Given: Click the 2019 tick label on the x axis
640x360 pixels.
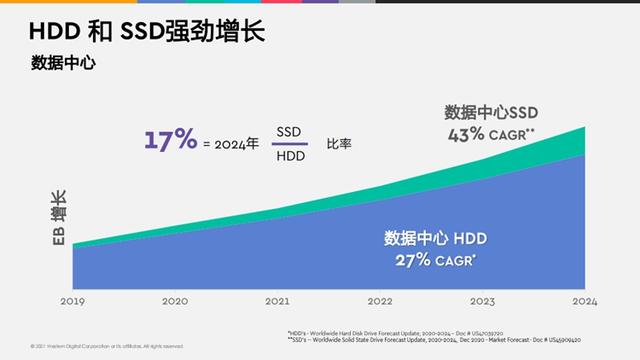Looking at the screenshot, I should [x=71, y=300].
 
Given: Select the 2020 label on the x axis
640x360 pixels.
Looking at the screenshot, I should [x=174, y=300].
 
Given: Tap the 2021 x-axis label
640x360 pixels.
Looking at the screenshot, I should [x=277, y=300].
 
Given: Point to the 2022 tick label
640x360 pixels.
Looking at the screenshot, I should [x=380, y=300].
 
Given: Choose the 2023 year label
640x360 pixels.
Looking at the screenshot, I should [x=483, y=300].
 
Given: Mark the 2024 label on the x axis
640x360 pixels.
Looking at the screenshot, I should [x=585, y=300].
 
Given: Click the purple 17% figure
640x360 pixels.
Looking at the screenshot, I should [x=170, y=140].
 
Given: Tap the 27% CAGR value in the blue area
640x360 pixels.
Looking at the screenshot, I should [x=401, y=260].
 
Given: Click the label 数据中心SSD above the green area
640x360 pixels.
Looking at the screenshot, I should [x=490, y=110].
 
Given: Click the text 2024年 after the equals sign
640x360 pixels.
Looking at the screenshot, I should [x=236, y=144].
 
